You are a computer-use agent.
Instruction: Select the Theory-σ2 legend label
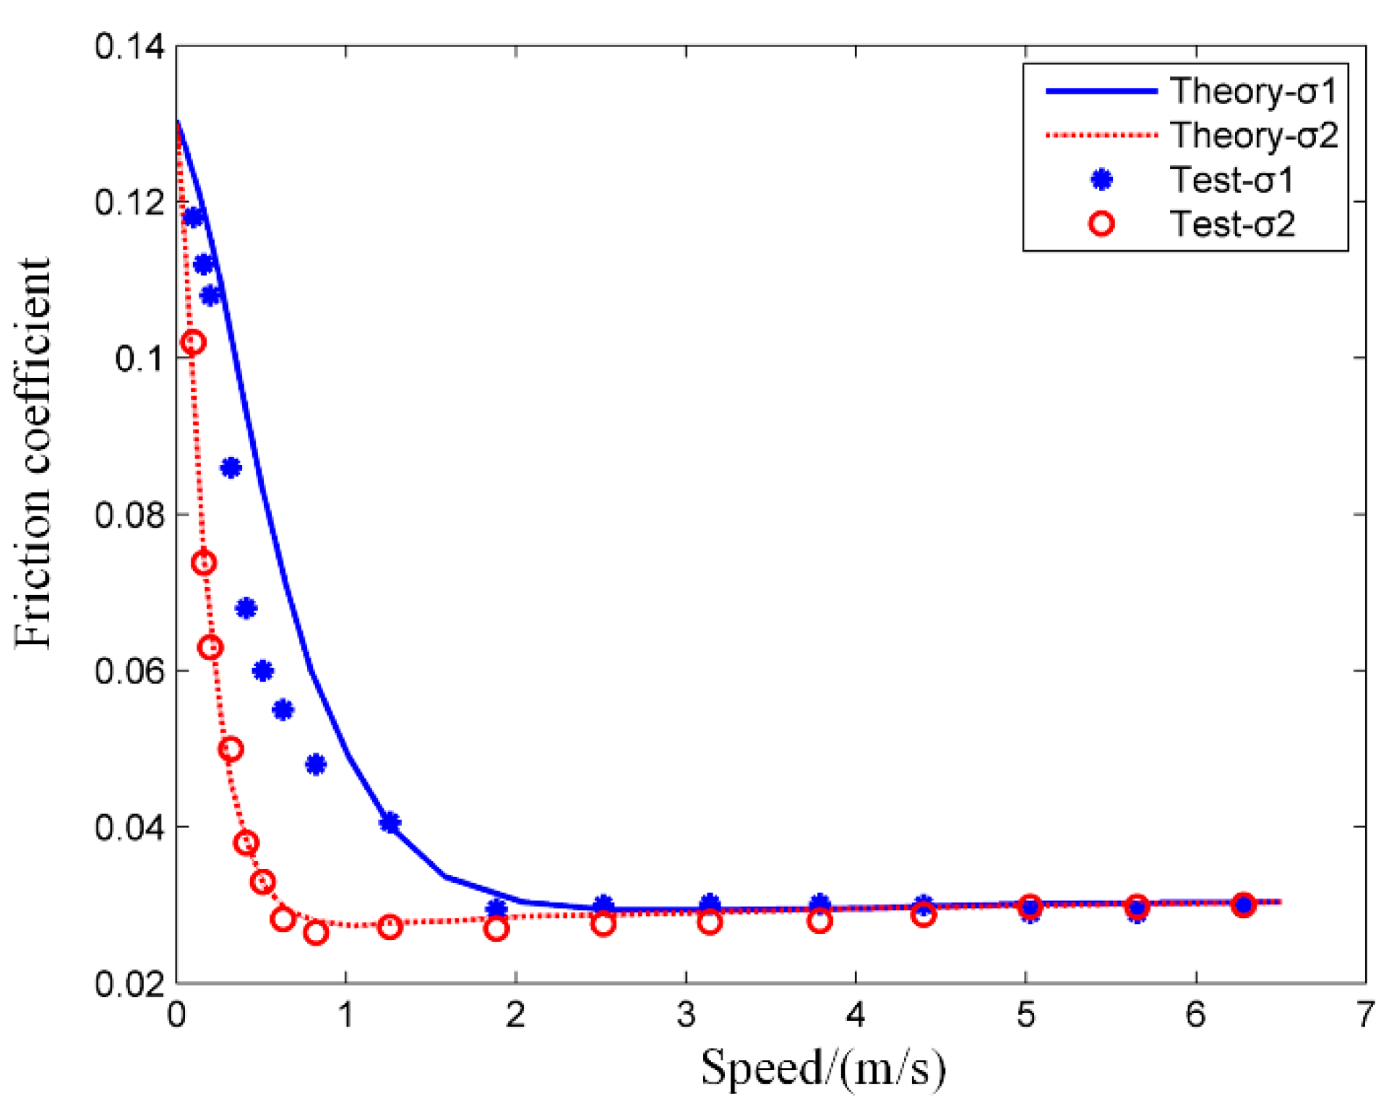1253,136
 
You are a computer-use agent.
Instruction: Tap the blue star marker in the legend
1101,179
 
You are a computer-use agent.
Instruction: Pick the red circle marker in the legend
1101,224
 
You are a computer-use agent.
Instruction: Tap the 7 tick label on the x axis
1364,1015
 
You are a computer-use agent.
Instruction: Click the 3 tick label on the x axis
686,1015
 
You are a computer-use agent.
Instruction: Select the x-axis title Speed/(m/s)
823,1068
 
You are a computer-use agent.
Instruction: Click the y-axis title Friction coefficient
34,453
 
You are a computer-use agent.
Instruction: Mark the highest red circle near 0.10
192,342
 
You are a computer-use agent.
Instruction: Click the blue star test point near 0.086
231,468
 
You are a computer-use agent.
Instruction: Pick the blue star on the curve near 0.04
390,823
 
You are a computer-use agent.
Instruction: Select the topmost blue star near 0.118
192,217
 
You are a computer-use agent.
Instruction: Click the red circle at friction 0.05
231,749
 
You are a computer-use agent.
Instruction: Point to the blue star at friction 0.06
263,671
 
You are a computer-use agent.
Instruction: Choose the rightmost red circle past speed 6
1243,904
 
